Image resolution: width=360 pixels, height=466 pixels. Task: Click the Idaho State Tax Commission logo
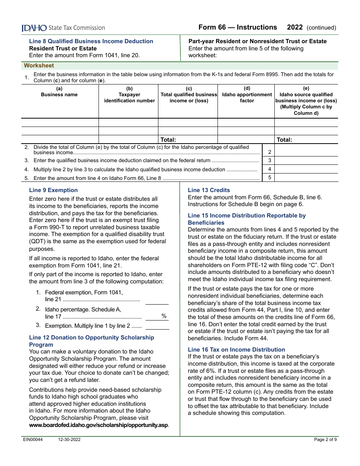pyautogui.click(x=63, y=28)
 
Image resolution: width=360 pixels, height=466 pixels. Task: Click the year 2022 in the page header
pyautogui.click(x=295, y=27)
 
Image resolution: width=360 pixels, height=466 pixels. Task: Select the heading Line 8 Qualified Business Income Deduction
pyautogui.click(x=91, y=41)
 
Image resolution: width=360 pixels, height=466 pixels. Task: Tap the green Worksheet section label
pyautogui.click(x=39, y=66)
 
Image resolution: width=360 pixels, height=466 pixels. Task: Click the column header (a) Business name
pyautogui.click(x=59, y=92)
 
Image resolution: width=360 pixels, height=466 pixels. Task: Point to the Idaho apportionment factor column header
pyautogui.click(x=247, y=95)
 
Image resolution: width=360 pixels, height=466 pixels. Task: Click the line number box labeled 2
pyautogui.click(x=269, y=152)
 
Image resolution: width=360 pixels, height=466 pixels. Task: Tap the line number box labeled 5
pyautogui.click(x=269, y=178)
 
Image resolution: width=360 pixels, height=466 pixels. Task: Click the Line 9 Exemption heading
pyautogui.click(x=53, y=190)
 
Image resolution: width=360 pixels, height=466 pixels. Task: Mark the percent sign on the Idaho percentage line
pyautogui.click(x=164, y=316)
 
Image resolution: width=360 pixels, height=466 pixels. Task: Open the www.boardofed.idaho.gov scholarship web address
pyautogui.click(x=99, y=425)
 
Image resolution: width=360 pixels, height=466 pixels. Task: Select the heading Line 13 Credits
pyautogui.click(x=209, y=190)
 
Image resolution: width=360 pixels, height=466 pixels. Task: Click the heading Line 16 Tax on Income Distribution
pyautogui.click(x=236, y=349)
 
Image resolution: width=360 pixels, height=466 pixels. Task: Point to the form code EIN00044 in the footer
pyautogui.click(x=32, y=439)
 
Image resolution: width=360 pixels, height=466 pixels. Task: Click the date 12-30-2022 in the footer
pyautogui.click(x=69, y=439)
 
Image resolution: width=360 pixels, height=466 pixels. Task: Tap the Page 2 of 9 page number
pyautogui.click(x=325, y=439)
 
